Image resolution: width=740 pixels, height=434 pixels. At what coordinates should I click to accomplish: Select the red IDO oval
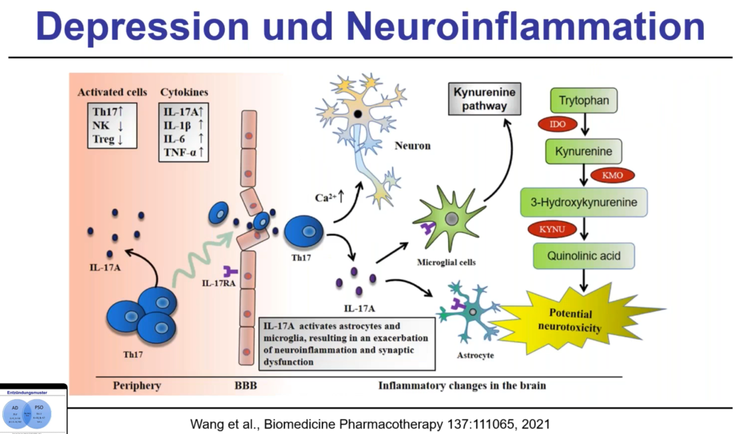click(x=557, y=123)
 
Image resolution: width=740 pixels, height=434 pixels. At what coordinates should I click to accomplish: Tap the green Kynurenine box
click(x=584, y=151)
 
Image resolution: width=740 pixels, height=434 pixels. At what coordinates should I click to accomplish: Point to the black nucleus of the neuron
click(x=358, y=115)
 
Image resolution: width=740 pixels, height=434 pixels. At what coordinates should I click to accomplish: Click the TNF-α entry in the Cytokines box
click(x=182, y=153)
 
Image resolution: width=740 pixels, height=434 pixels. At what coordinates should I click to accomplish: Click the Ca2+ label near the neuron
click(x=324, y=197)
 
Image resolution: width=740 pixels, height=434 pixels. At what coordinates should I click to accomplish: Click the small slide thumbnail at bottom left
click(x=33, y=408)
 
